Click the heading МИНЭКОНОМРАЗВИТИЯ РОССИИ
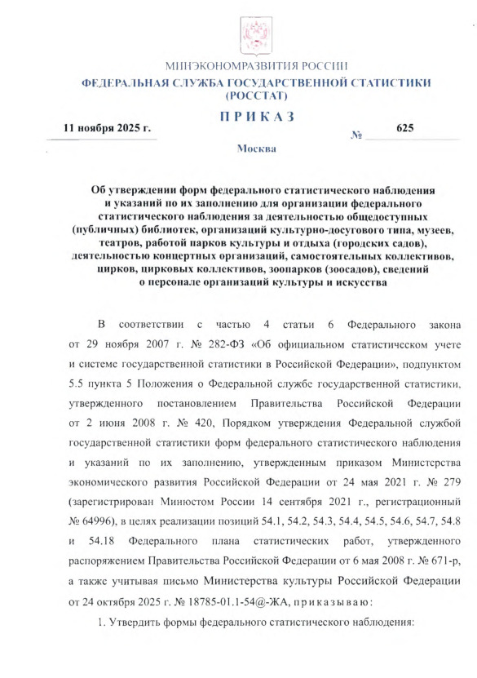[x=257, y=67]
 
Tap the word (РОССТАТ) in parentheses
[x=257, y=95]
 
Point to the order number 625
[x=405, y=128]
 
